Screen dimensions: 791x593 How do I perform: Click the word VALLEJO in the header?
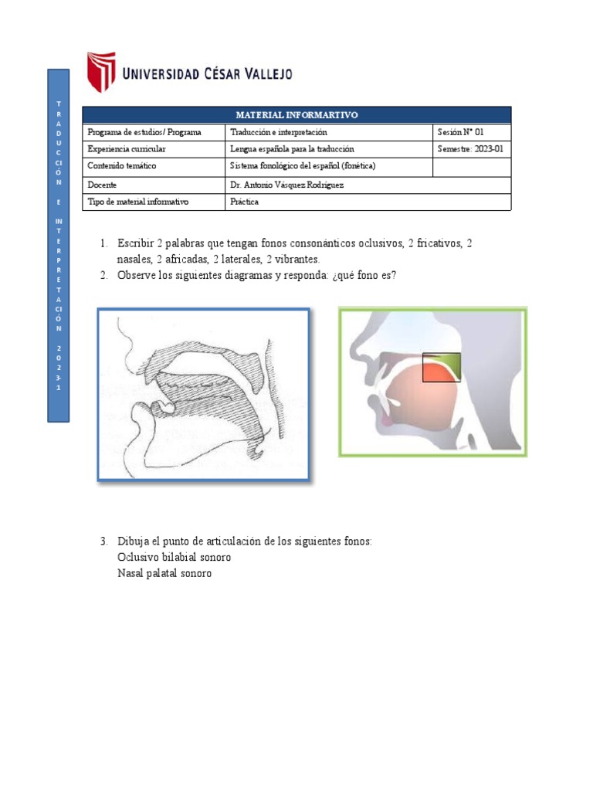click(259, 74)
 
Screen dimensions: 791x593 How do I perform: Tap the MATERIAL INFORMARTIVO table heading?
click(296, 115)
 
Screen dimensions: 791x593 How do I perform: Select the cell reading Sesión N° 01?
click(461, 132)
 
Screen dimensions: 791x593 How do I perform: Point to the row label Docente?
click(102, 185)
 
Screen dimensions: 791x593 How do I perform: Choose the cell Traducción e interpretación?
click(273, 132)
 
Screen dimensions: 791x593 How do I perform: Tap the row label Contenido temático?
click(122, 166)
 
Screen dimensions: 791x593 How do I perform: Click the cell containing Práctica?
click(245, 202)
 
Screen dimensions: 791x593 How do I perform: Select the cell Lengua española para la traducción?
click(292, 149)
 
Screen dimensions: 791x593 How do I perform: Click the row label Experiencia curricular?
click(127, 149)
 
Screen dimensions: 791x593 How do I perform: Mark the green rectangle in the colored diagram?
click(442, 368)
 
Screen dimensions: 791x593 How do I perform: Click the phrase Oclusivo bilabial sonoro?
click(174, 557)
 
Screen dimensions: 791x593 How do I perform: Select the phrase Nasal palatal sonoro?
click(164, 574)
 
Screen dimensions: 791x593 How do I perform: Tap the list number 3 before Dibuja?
click(104, 541)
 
